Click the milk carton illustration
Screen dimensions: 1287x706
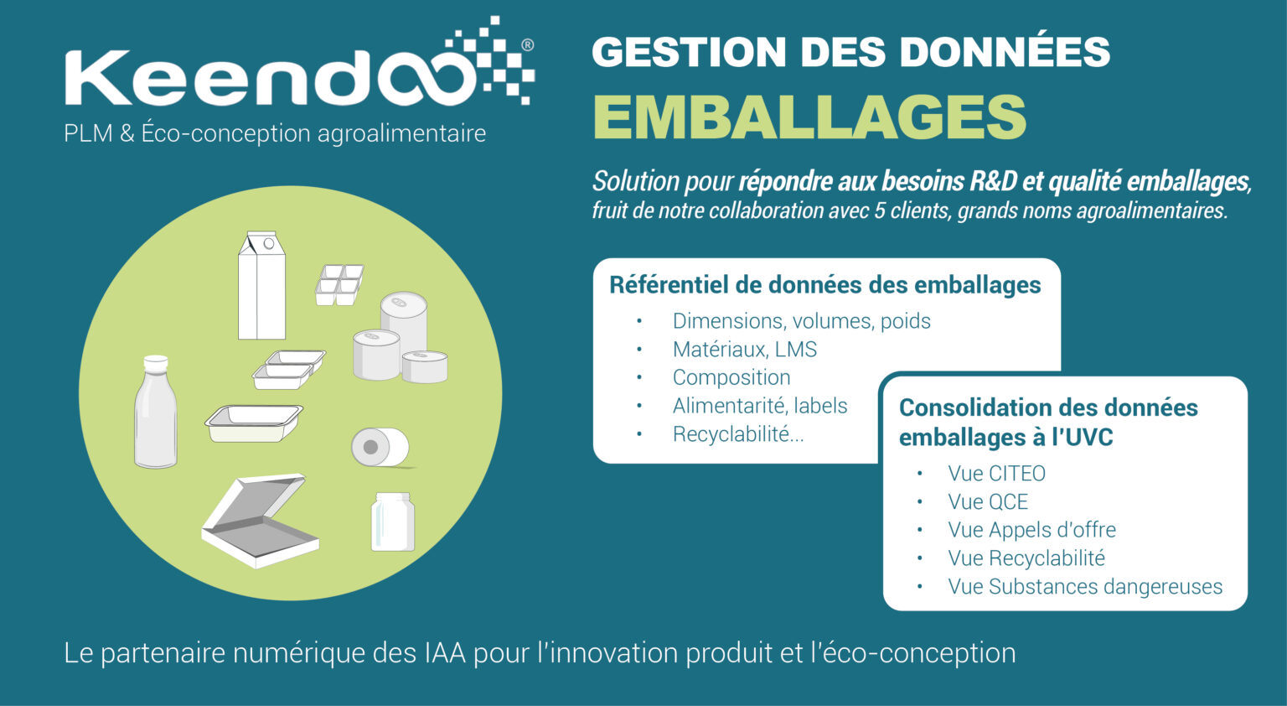261,285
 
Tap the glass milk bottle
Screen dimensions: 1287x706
155,412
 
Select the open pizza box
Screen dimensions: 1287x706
260,521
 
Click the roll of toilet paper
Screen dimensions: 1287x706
380,447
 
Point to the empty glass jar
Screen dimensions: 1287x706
392,522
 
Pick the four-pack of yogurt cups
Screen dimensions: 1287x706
339,284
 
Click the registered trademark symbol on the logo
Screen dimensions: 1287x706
527,44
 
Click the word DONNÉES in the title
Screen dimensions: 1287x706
1005,52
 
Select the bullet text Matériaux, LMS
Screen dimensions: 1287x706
745,349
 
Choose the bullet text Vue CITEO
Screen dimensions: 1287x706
996,473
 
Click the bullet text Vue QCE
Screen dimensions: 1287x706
988,501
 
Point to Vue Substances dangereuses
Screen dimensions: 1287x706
1085,586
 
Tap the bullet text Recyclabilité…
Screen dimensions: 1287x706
738,434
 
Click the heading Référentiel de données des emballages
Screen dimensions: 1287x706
825,285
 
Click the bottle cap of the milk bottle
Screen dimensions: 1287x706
155,362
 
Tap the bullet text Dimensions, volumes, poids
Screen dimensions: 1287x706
802,321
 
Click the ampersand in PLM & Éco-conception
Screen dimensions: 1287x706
127,133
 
